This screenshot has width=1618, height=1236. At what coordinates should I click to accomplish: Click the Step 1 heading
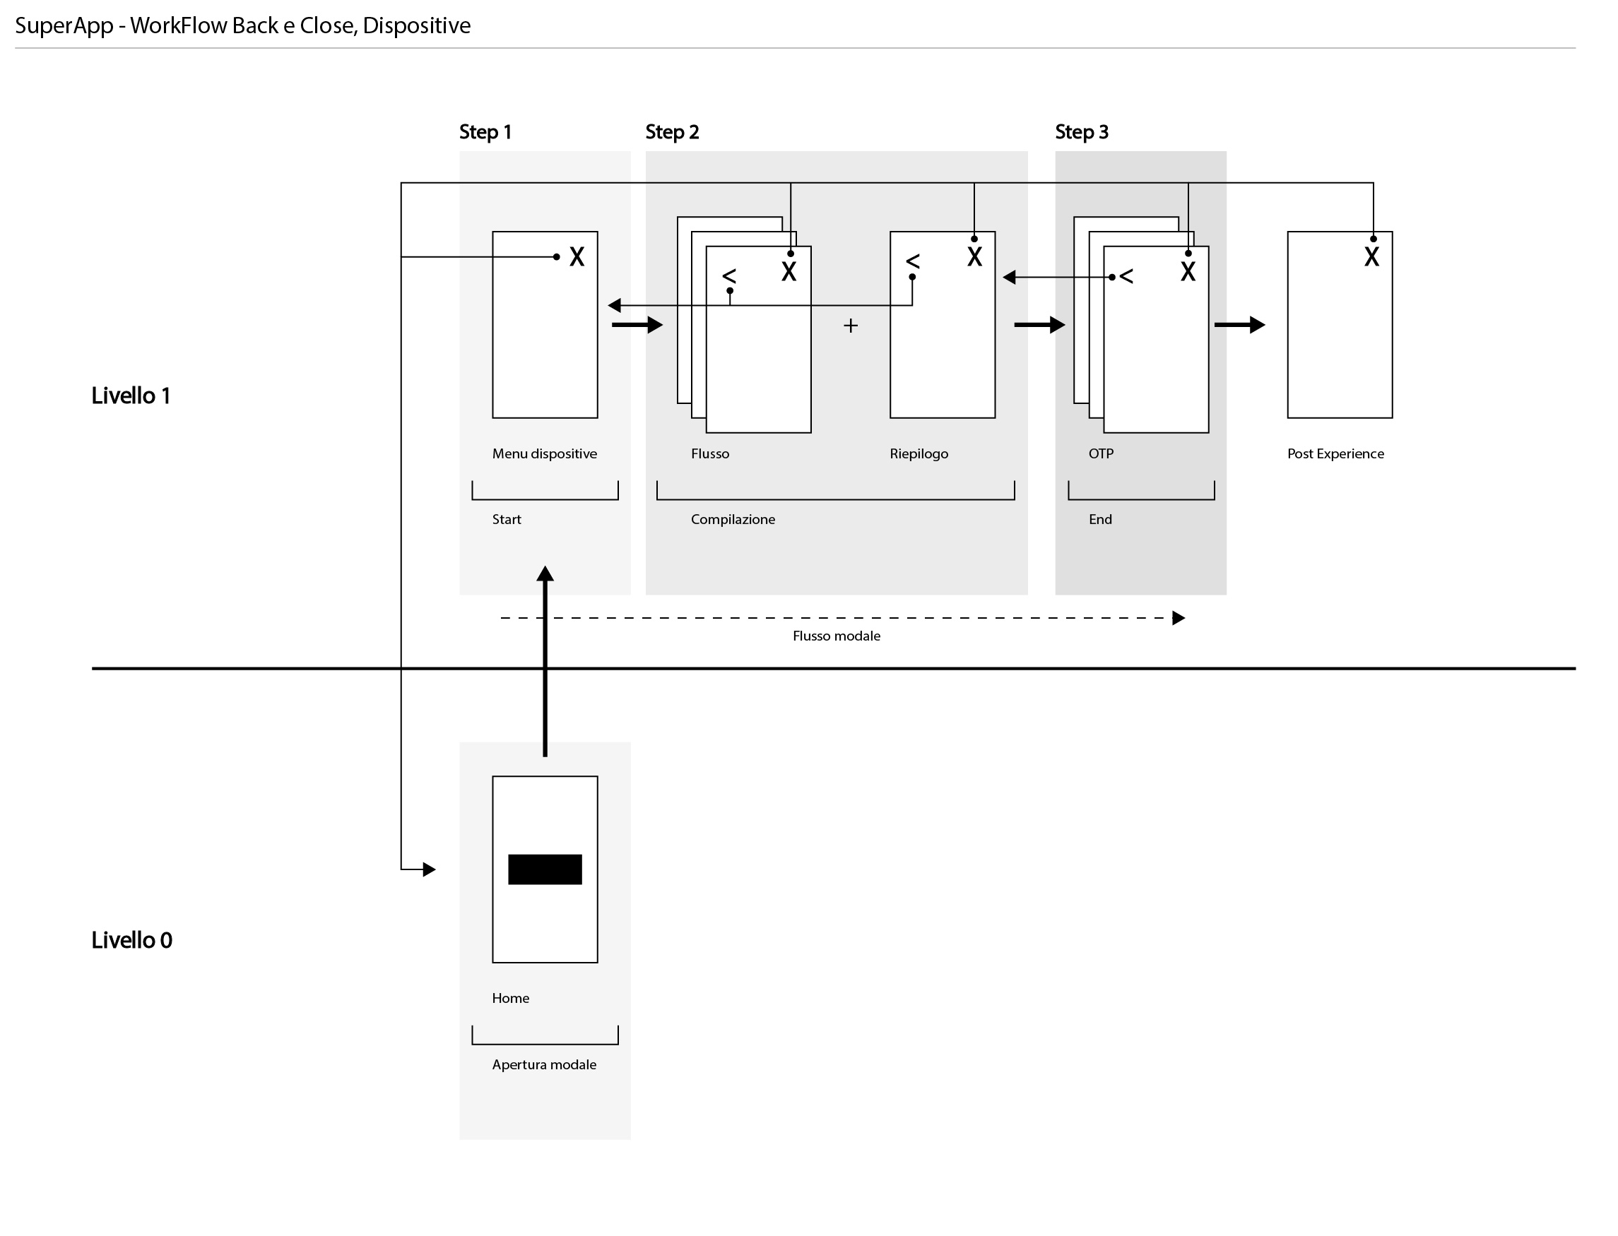tap(485, 133)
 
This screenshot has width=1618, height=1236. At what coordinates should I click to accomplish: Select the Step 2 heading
tap(672, 133)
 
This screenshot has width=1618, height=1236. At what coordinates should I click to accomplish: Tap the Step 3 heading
tap(1081, 133)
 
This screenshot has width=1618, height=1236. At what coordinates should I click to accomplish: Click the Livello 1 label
tap(131, 396)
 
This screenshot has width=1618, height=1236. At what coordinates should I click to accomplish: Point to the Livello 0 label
tap(131, 940)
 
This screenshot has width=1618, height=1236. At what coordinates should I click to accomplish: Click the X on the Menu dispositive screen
tap(577, 257)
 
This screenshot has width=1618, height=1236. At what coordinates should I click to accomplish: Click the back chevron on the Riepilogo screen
tap(912, 261)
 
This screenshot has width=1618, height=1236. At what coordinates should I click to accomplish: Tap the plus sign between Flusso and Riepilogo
tap(851, 325)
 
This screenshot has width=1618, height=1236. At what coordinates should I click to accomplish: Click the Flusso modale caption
tap(836, 636)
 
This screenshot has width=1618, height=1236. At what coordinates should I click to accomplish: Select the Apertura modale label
tap(544, 1064)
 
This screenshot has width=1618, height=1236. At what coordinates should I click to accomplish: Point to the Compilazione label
tap(733, 519)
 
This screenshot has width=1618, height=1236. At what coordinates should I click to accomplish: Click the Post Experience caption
tap(1335, 454)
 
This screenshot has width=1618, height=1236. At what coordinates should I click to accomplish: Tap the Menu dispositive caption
tap(545, 454)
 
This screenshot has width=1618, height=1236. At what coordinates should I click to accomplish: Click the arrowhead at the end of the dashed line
tap(1178, 618)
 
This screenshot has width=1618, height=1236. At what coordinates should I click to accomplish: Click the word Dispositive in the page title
tap(416, 25)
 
